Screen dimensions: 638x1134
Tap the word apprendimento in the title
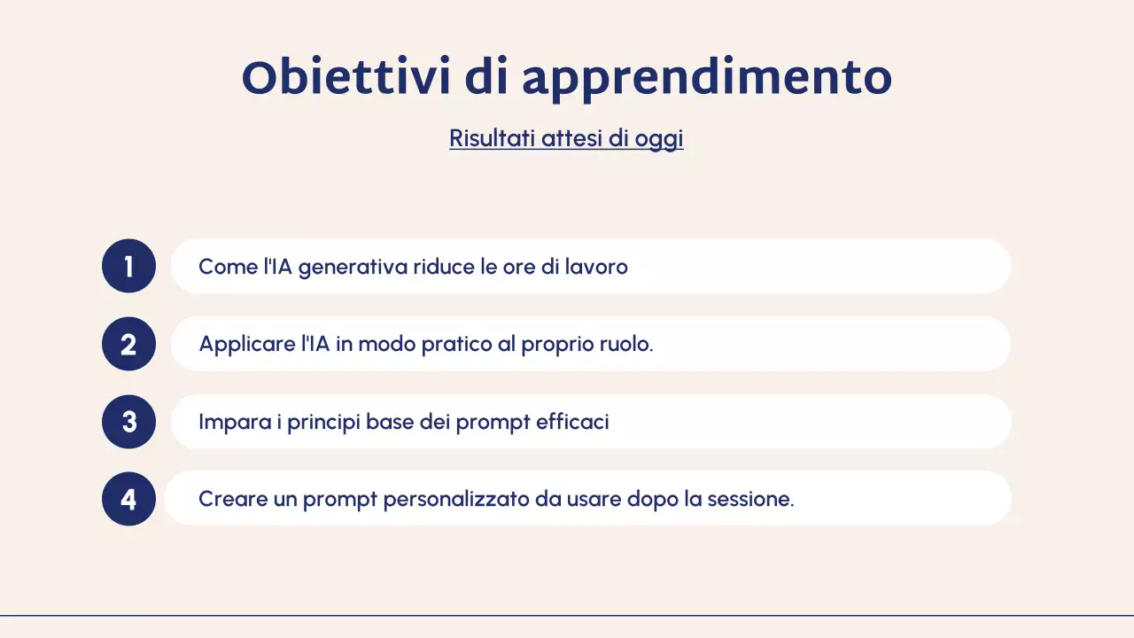click(x=706, y=78)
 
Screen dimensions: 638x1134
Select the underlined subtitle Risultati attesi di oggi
click(x=566, y=139)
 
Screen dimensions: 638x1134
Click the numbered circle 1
click(x=128, y=266)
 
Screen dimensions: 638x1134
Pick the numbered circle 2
click(x=128, y=344)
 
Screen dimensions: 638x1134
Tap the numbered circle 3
click(x=128, y=422)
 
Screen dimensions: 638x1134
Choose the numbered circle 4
click(x=128, y=499)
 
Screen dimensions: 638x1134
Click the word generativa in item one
click(x=353, y=267)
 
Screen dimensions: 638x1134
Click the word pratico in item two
click(x=456, y=344)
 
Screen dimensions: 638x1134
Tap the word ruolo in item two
click(x=625, y=344)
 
